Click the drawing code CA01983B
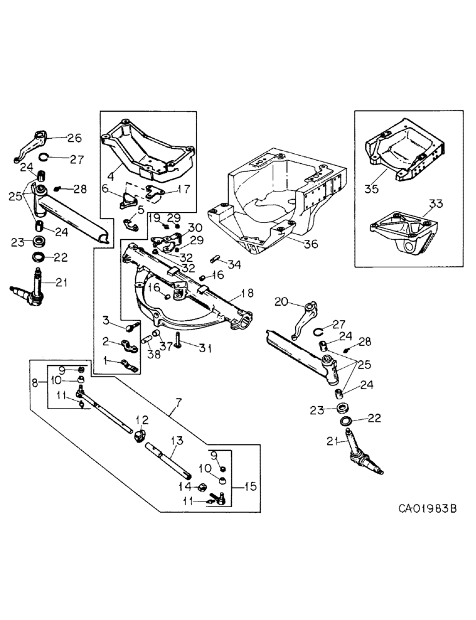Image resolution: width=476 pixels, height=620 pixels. pyautogui.click(x=427, y=508)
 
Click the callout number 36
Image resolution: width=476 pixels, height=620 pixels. pyautogui.click(x=310, y=244)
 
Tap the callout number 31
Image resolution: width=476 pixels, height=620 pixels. pyautogui.click(x=205, y=348)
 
